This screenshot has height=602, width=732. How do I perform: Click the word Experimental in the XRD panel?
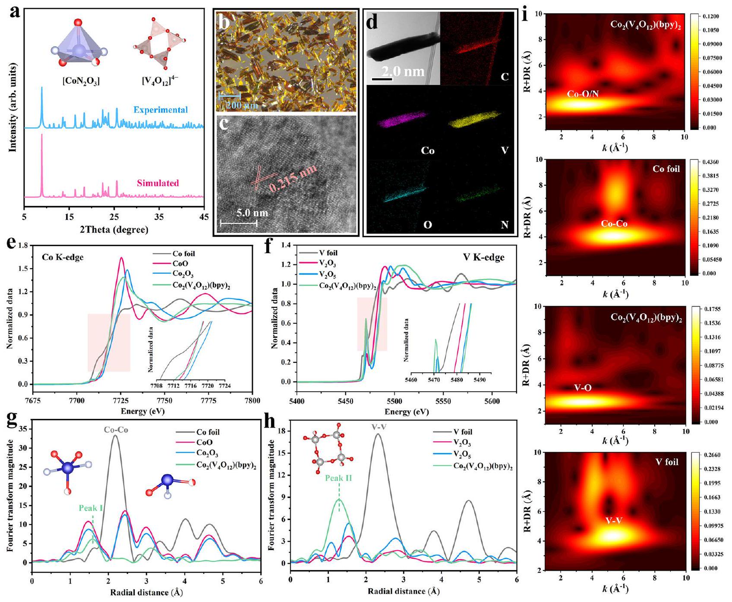[x=161, y=110]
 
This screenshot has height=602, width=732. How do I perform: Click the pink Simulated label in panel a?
[x=158, y=183]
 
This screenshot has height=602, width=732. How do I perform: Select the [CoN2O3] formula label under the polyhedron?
[x=81, y=81]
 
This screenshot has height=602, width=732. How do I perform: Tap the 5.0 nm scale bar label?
[x=252, y=213]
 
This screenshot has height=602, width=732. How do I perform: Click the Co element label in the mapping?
[x=428, y=151]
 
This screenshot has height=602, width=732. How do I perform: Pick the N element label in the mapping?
[x=505, y=225]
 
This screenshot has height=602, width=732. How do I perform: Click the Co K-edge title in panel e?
[x=63, y=257]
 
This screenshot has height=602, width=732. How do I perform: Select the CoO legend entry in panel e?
[x=180, y=263]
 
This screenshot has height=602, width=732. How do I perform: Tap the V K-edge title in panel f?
[x=483, y=257]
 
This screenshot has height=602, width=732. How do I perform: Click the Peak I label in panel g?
[x=91, y=508]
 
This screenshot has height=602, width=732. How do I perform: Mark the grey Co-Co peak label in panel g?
[x=116, y=430]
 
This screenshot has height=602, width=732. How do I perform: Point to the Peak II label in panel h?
[x=339, y=478]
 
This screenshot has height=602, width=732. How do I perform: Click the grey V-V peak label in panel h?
[x=378, y=427]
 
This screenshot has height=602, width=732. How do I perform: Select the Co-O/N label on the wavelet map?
[x=583, y=94]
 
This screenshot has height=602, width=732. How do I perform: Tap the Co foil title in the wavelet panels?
[x=666, y=169]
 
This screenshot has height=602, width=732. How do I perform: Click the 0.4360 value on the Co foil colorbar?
[x=708, y=162]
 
